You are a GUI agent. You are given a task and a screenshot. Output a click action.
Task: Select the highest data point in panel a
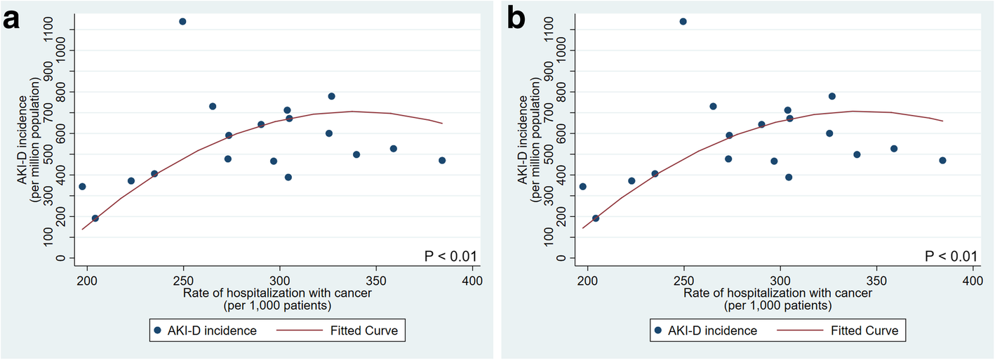click(x=182, y=22)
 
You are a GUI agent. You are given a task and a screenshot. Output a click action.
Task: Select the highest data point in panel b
click(x=683, y=22)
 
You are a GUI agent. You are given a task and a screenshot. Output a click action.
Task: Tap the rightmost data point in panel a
click(x=442, y=161)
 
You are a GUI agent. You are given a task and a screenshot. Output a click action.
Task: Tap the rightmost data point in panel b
click(x=942, y=161)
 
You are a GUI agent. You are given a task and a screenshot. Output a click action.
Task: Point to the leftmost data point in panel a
click(x=82, y=187)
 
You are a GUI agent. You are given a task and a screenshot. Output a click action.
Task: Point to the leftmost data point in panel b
click(x=582, y=187)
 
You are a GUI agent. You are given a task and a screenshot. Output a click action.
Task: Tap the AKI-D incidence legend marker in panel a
click(x=158, y=331)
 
